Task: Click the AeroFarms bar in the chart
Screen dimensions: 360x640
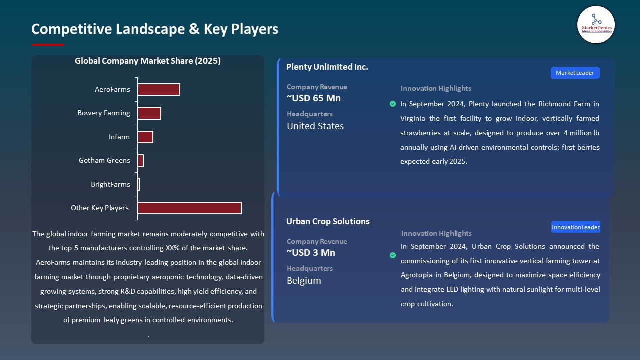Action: pyautogui.click(x=158, y=89)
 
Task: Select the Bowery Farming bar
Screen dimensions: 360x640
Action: pyautogui.click(x=149, y=113)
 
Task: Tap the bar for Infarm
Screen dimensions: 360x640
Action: pyautogui.click(x=145, y=137)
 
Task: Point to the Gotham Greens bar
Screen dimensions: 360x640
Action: pyautogui.click(x=140, y=161)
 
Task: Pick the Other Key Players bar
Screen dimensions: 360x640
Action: pyautogui.click(x=189, y=208)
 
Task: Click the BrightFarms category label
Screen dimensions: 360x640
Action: pyautogui.click(x=110, y=184)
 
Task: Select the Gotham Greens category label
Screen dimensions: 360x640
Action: pyautogui.click(x=104, y=160)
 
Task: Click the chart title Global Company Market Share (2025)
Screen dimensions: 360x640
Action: pyautogui.click(x=148, y=61)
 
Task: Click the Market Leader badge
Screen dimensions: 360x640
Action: pyautogui.click(x=575, y=73)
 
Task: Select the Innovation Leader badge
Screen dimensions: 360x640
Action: pyautogui.click(x=576, y=227)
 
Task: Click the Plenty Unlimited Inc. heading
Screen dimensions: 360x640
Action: pyautogui.click(x=327, y=67)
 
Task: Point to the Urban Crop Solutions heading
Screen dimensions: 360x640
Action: pyautogui.click(x=328, y=221)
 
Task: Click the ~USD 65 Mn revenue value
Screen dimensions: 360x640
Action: pyautogui.click(x=314, y=98)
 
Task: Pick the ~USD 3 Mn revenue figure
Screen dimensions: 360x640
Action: pyautogui.click(x=311, y=252)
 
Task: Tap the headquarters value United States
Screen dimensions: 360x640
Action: pyautogui.click(x=315, y=126)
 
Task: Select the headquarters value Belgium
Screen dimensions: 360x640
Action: pyautogui.click(x=304, y=280)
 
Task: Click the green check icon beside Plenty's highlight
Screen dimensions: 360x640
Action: pyautogui.click(x=393, y=104)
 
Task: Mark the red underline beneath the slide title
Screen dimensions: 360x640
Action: pyautogui.click(x=48, y=45)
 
